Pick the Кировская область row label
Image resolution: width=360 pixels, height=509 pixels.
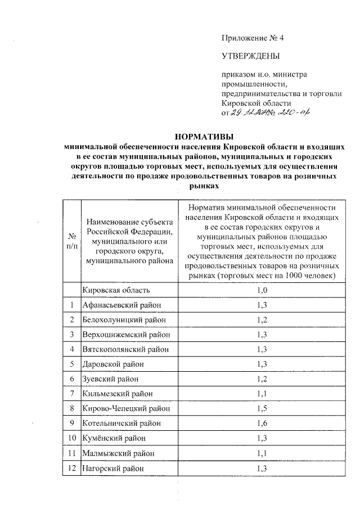tap(116, 290)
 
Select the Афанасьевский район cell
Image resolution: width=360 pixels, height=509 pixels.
tap(121, 305)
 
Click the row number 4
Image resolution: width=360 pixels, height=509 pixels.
tap(72, 349)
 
